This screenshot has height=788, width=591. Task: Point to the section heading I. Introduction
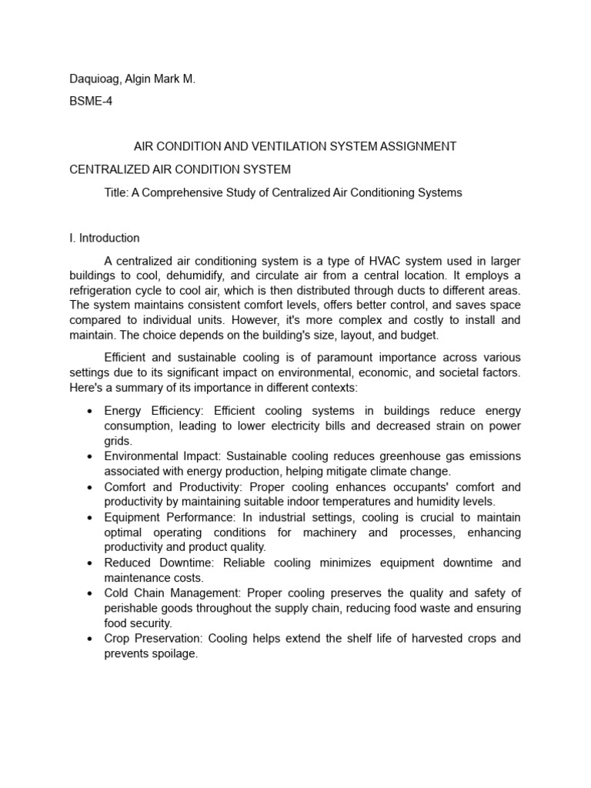click(105, 238)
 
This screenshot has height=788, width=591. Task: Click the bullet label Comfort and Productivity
click(164, 487)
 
